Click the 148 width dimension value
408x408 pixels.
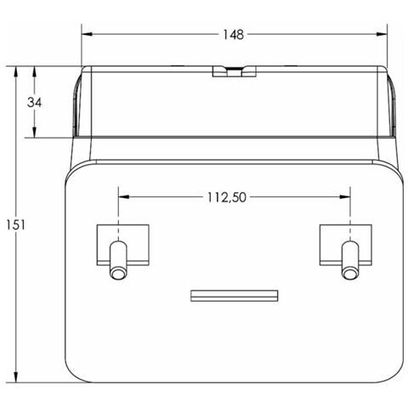point(234,35)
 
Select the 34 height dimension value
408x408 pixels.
point(35,102)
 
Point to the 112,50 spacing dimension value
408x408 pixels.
point(226,197)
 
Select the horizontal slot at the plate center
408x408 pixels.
point(234,296)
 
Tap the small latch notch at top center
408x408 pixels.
point(234,71)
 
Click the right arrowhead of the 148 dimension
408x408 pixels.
point(382,35)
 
